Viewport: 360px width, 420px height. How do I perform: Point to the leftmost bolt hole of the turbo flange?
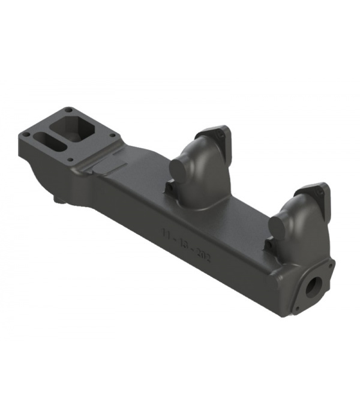(26, 132)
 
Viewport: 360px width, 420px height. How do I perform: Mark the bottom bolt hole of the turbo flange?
(70, 160)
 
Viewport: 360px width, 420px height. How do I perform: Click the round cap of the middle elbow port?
(178, 169)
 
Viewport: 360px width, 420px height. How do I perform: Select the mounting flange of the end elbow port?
(314, 195)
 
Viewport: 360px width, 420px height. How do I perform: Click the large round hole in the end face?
(313, 287)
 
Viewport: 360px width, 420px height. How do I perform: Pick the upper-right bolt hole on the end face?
(331, 263)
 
